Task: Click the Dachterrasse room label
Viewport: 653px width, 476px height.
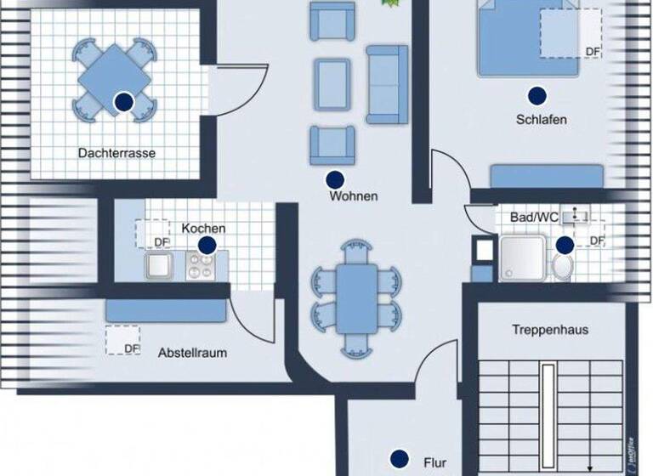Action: click(x=116, y=153)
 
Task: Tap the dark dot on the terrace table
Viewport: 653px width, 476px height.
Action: click(x=124, y=102)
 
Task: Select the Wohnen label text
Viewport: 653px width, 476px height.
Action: click(x=354, y=196)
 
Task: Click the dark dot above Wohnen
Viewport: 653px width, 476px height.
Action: click(x=335, y=179)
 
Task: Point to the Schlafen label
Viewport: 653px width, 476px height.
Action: click(x=541, y=120)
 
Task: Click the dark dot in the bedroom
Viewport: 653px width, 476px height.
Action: click(x=536, y=95)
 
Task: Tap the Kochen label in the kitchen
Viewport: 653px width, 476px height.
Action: click(x=204, y=228)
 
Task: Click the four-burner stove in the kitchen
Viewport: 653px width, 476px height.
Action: click(x=201, y=269)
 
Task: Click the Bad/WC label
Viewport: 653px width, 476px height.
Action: click(x=534, y=218)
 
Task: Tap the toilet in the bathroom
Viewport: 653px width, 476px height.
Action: click(x=562, y=266)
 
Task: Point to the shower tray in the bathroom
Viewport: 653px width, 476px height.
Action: click(x=521, y=258)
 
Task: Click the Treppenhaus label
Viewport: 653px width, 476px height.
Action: click(x=550, y=329)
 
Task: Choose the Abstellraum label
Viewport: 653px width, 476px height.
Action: click(x=193, y=352)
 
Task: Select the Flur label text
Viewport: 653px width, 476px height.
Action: click(x=434, y=464)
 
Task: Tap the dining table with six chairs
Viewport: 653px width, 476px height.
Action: click(x=356, y=297)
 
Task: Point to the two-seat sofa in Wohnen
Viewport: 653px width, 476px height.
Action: click(x=387, y=83)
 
